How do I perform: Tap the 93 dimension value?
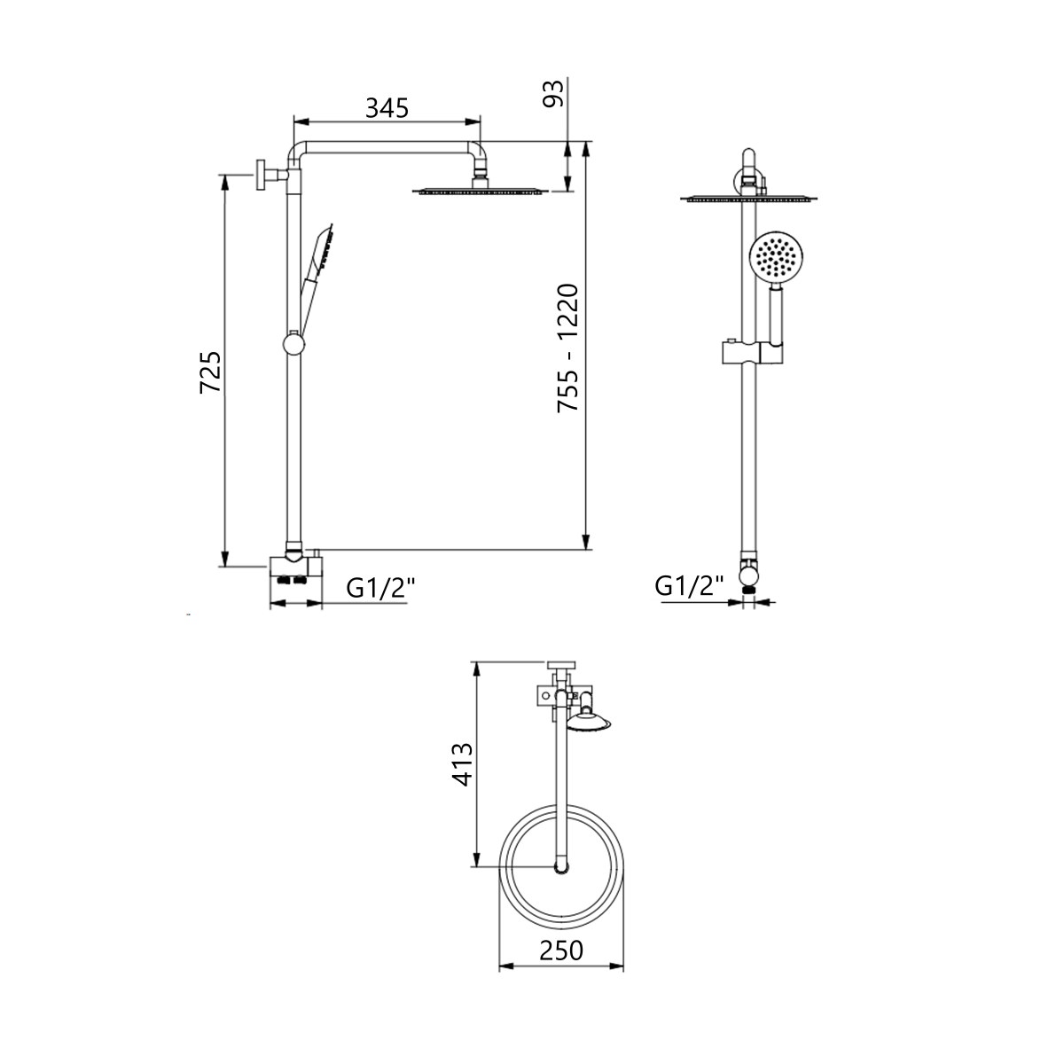(x=554, y=94)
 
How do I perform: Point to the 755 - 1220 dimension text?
(x=567, y=348)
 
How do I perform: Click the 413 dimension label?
(x=462, y=764)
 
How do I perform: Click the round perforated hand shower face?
(x=776, y=258)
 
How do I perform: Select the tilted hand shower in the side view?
(x=317, y=276)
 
